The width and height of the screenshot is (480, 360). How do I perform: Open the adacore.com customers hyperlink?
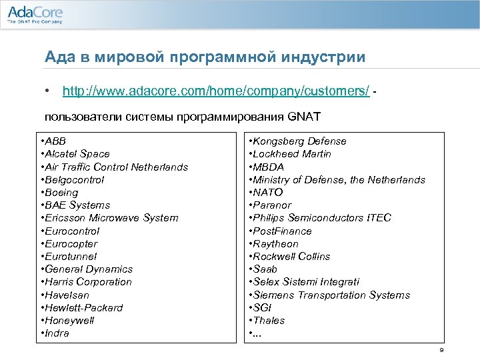[x=215, y=91]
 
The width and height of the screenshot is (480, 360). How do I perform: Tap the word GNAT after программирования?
[x=305, y=117]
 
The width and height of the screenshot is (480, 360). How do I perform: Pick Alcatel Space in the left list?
[x=75, y=154]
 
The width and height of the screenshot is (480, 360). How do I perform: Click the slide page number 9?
[x=441, y=351]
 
